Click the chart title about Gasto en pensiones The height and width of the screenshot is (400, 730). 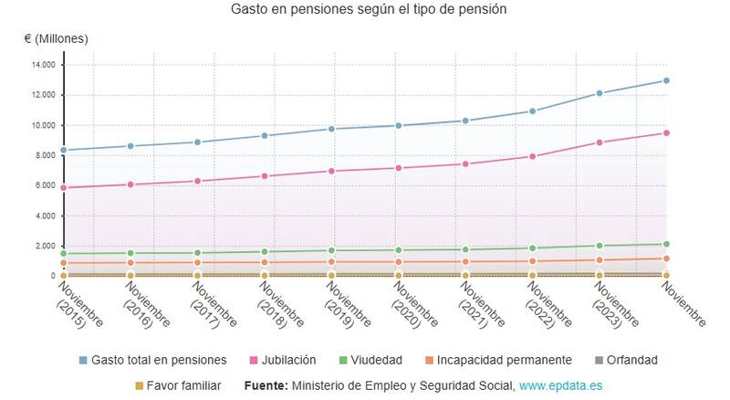pos(369,8)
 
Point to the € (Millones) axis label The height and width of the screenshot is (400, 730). pos(57,38)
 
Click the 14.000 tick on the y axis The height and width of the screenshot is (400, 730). pos(43,65)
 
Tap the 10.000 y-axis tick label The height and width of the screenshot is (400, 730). pos(43,125)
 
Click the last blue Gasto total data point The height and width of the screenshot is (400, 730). pos(666,80)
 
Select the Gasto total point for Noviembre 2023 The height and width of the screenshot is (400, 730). pos(600,93)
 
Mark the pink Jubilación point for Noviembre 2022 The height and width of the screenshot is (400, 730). pos(533,156)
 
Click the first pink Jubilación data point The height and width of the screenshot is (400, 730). pos(64,187)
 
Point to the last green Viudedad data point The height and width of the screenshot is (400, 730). pos(666,244)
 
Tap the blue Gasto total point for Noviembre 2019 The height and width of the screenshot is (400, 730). pos(331,129)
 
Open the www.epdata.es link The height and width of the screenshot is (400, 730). pos(560,385)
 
